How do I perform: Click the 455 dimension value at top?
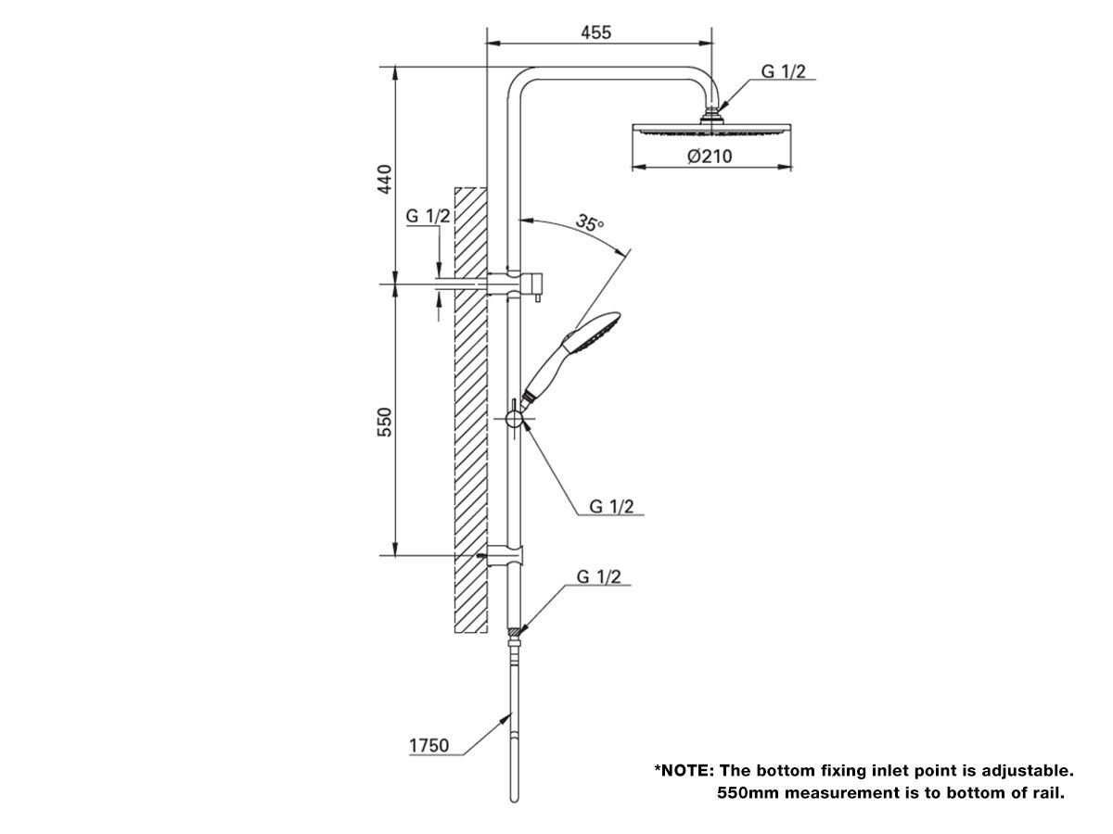(595, 32)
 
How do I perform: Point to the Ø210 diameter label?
(710, 157)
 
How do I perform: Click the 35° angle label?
(589, 223)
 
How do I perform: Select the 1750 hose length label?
(429, 745)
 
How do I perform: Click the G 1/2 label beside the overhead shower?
(784, 71)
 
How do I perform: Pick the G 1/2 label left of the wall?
(428, 216)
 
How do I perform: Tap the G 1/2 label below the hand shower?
(612, 506)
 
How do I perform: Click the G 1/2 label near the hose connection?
(598, 576)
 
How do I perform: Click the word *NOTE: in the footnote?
(684, 770)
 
